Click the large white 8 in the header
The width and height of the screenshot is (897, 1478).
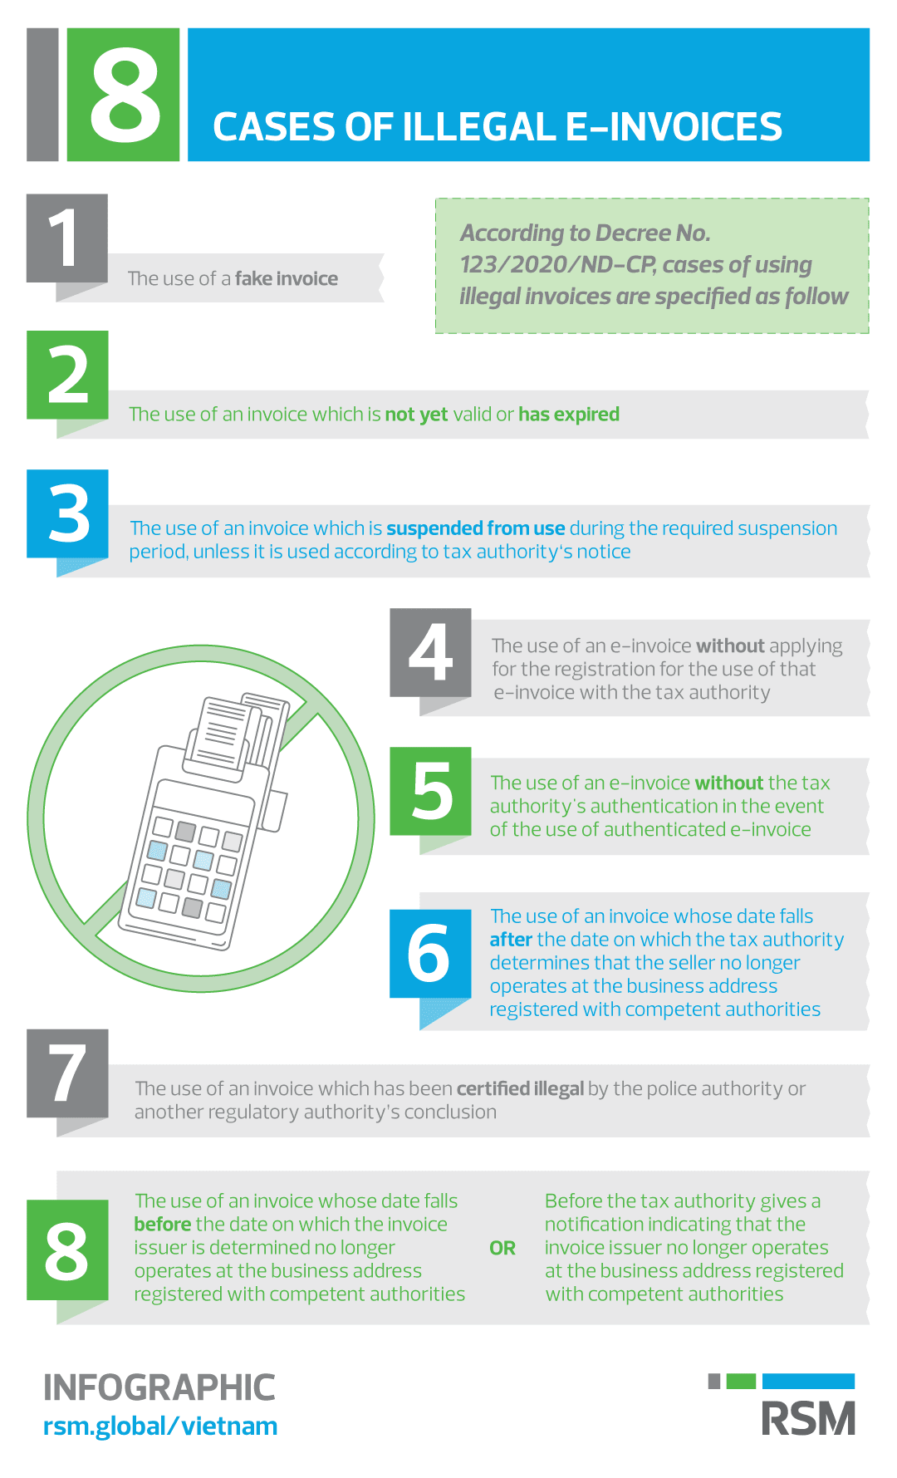click(x=125, y=95)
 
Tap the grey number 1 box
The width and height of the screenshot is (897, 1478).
click(x=66, y=238)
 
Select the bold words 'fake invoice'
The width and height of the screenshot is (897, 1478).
click(x=286, y=278)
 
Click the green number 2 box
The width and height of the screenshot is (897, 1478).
click(x=67, y=375)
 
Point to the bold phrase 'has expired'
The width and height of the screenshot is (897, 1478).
click(x=569, y=414)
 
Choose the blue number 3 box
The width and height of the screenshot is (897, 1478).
click(x=67, y=513)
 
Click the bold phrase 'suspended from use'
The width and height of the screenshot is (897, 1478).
click(x=475, y=528)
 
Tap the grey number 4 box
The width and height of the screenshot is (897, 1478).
click(x=430, y=653)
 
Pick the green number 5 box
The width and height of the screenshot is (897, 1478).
click(x=430, y=791)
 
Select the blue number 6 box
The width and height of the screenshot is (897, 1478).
click(x=430, y=954)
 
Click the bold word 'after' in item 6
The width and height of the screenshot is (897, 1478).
click(x=510, y=940)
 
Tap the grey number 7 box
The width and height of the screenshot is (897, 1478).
click(x=67, y=1073)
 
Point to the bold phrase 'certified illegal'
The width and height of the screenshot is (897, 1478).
click(x=520, y=1088)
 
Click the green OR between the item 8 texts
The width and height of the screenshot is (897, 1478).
click(x=502, y=1248)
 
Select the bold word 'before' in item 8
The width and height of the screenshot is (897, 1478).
click(x=163, y=1225)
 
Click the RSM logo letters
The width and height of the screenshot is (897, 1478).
click(x=808, y=1419)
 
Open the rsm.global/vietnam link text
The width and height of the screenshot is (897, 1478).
click(x=160, y=1426)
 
